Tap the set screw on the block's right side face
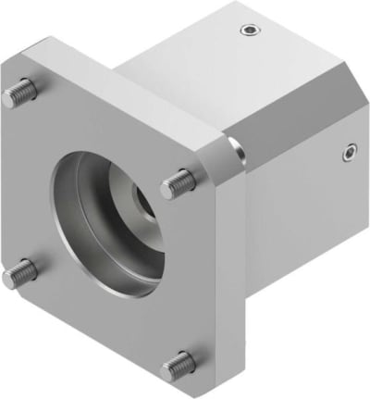click(350, 151)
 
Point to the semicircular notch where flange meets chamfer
click(237, 146)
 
